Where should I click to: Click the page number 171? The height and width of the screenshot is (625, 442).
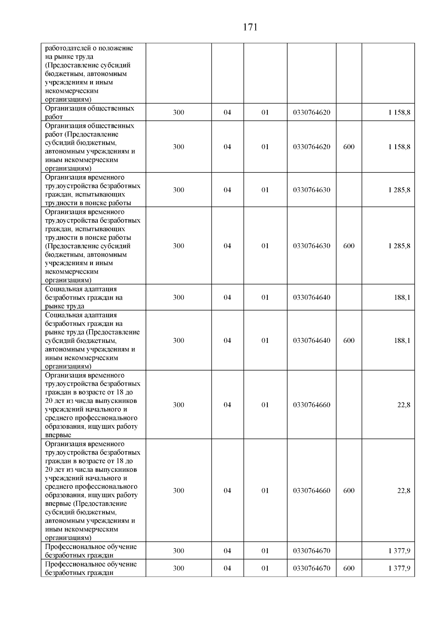coord(250,27)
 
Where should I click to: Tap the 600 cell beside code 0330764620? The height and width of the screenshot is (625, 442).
coord(349,147)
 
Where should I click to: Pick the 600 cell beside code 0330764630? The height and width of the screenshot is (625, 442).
coord(349,246)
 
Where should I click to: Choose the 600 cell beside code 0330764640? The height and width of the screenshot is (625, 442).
coord(349,341)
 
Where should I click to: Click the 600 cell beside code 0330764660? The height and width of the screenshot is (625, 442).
coord(349,491)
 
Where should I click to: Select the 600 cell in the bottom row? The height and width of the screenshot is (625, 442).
coord(349,568)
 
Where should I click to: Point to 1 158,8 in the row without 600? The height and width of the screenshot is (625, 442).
coord(399,113)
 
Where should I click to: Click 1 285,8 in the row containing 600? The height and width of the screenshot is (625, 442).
coord(399,246)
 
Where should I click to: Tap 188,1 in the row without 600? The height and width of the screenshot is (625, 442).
coord(402,298)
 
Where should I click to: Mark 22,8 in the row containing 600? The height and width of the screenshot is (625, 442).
coord(404,491)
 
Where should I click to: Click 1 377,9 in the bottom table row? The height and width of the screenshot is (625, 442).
coord(399,568)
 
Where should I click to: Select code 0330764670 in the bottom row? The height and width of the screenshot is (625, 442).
coord(312,568)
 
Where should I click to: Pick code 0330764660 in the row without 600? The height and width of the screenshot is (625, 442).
coord(312,405)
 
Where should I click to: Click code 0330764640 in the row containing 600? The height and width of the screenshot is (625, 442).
coord(312,341)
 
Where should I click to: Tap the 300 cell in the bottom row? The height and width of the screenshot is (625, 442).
coord(179,568)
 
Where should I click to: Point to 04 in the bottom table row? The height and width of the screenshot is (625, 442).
coord(227,568)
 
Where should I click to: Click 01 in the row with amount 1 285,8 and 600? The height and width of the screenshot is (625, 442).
coord(265,246)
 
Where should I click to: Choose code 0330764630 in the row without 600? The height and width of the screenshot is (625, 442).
coord(312,190)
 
